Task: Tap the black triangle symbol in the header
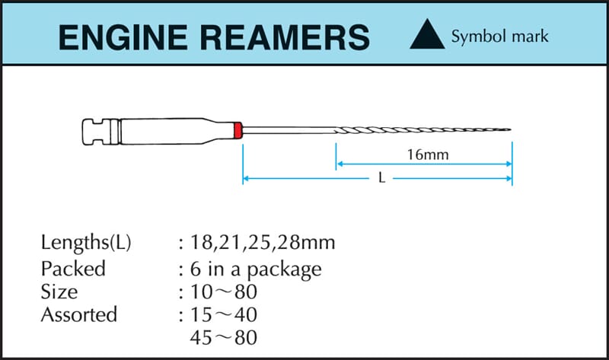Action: tap(427, 35)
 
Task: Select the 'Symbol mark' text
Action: tap(499, 36)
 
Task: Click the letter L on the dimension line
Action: tap(380, 180)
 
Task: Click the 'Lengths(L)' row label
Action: tap(86, 244)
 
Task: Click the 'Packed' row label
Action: tap(73, 269)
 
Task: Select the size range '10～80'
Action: tap(227, 291)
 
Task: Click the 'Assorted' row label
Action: tap(79, 314)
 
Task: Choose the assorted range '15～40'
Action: tap(227, 314)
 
